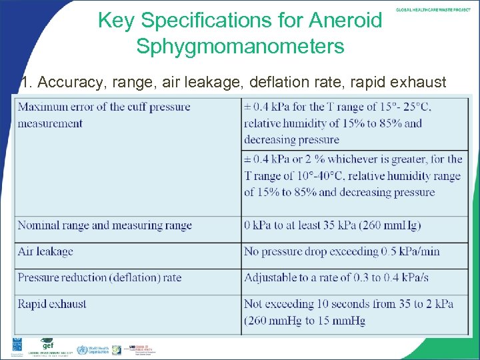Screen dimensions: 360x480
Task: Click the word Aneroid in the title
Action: pos(345,21)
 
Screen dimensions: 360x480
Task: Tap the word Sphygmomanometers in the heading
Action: pos(240,47)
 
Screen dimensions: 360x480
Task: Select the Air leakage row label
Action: pos(45,251)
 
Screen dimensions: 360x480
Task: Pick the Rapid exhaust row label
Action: pos(52,304)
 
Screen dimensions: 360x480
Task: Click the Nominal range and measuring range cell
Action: pos(105,225)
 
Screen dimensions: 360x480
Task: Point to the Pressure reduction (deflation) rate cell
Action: pos(99,277)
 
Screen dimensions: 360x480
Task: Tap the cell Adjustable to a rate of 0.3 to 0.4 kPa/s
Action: pos(345,277)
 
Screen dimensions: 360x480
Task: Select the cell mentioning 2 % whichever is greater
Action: pos(353,175)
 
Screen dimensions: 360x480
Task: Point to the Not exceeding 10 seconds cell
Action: pos(349,312)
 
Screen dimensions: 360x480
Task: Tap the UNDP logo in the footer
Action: pos(16,347)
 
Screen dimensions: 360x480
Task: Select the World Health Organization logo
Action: pos(91,350)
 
